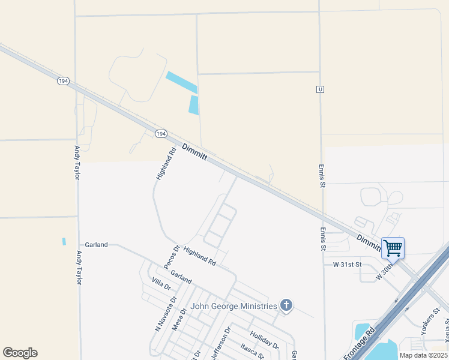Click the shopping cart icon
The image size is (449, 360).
coord(393,247)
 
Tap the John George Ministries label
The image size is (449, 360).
coord(234,306)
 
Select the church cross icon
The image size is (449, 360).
coord(286,306)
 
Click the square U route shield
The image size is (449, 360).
coord(321,89)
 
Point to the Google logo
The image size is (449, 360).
coord(20,353)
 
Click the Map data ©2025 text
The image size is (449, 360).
coord(423,355)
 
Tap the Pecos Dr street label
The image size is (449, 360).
coord(172,257)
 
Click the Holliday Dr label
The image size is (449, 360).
coord(265,341)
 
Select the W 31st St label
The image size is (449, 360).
coord(348,264)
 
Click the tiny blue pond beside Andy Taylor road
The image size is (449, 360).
coord(64,241)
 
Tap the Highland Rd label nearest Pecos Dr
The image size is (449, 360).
coord(199,256)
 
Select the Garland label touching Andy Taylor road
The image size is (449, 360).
coord(96,245)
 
